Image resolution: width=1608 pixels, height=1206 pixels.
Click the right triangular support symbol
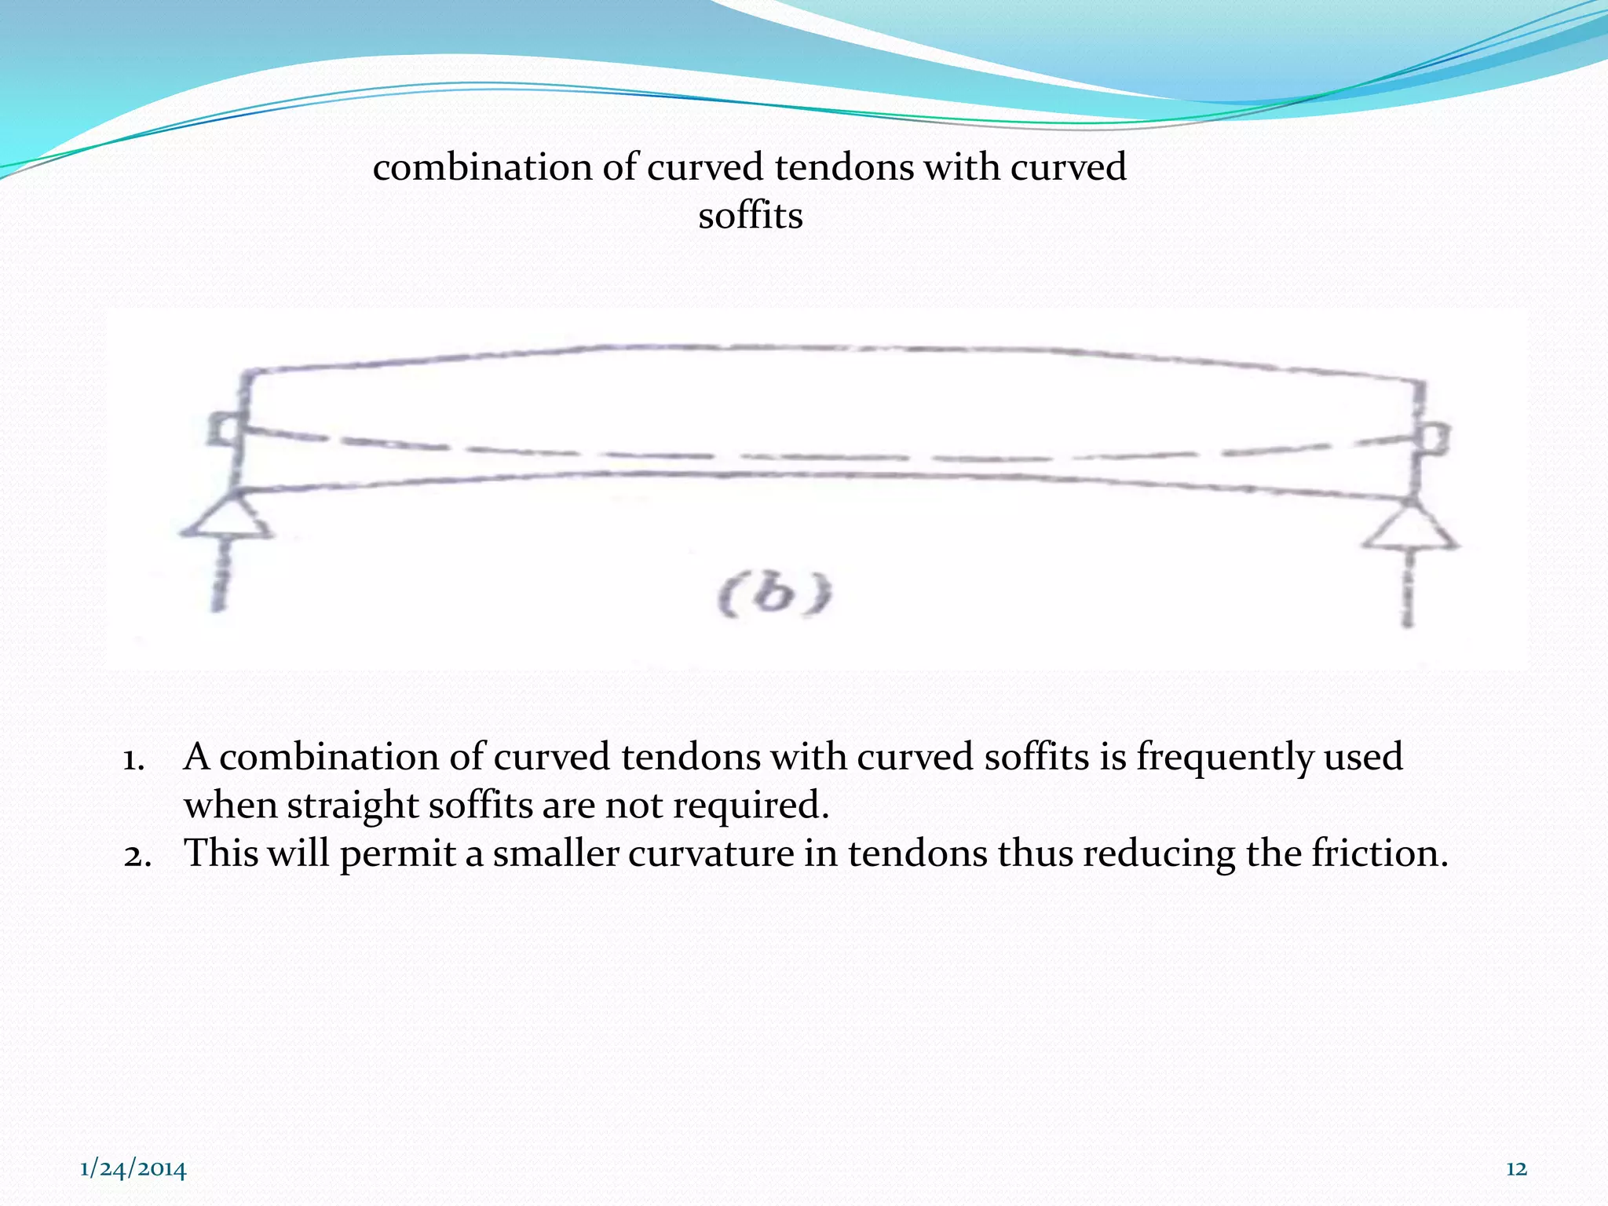point(1410,528)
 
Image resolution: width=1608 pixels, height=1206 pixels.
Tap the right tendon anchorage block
point(1437,437)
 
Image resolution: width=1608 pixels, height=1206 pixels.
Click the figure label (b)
point(774,596)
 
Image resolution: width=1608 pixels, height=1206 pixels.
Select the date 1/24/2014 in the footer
point(133,1169)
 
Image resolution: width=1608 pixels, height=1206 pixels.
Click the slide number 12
point(1516,1169)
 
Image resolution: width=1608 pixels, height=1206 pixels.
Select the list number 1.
point(133,759)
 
